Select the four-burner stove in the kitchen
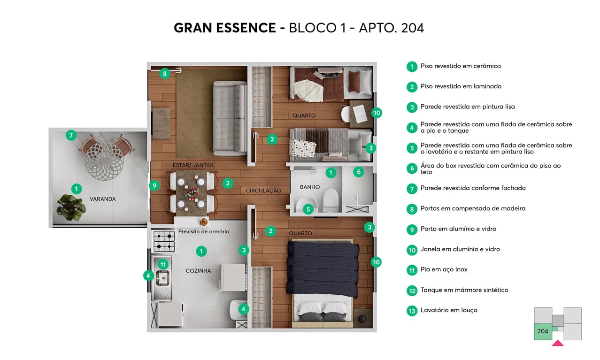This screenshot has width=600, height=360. click(163, 241)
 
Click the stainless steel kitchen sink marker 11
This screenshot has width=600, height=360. click(163, 265)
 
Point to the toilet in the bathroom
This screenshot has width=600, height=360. click(331, 199)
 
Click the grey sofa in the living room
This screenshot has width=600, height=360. click(230, 118)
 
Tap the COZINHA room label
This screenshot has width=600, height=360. click(198, 271)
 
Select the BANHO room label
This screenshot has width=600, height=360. click(309, 187)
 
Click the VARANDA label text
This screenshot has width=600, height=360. click(102, 199)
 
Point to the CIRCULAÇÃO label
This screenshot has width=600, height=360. click(263, 191)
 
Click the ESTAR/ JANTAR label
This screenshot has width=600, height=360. click(193, 165)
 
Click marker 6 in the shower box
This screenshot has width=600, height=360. click(358, 172)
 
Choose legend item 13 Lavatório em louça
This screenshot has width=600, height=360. click(448, 310)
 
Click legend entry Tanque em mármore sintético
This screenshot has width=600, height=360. click(464, 290)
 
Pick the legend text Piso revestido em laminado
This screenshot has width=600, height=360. click(461, 86)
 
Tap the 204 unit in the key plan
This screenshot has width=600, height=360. click(543, 331)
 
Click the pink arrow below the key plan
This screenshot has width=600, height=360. click(557, 343)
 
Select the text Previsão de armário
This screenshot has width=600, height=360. click(204, 231)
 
